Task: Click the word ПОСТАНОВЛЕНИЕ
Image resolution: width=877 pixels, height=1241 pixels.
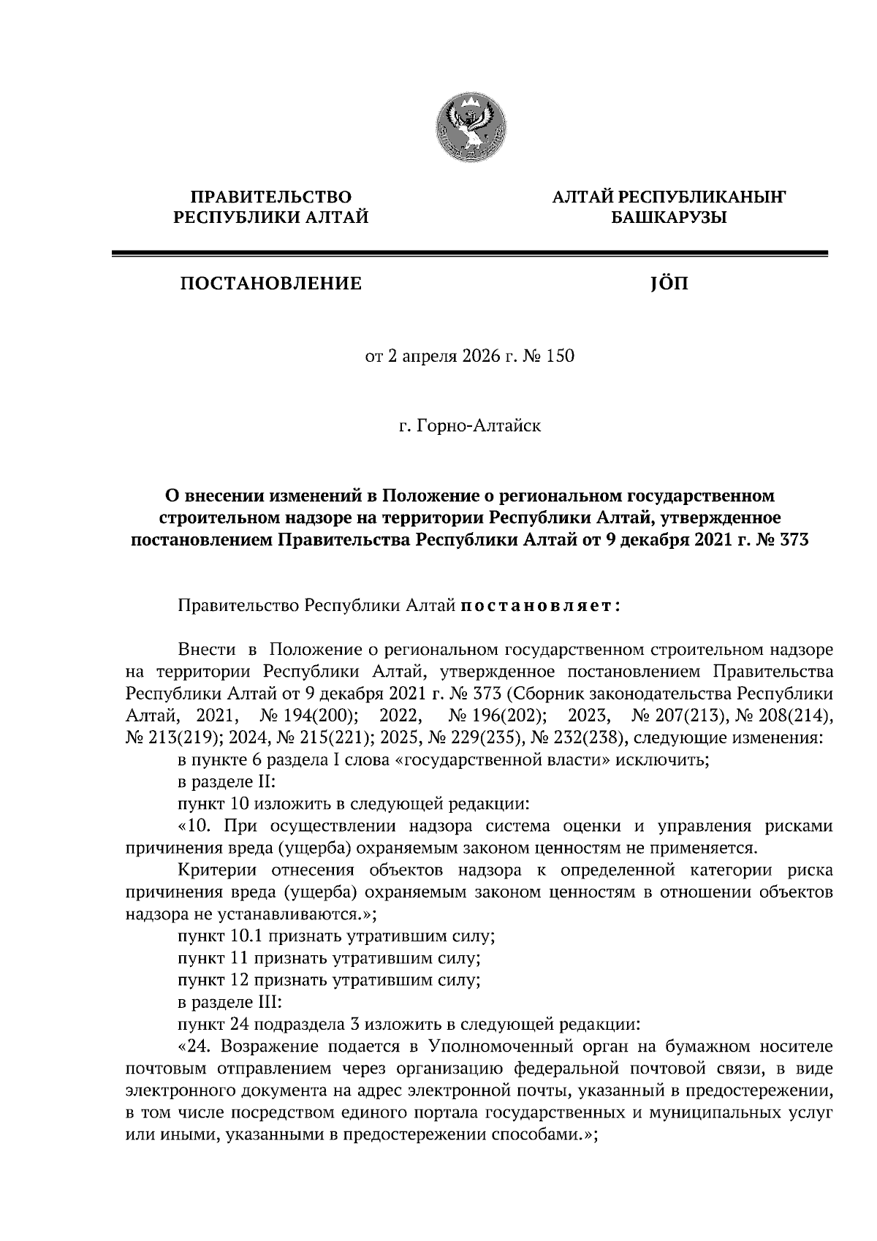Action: pyautogui.click(x=271, y=284)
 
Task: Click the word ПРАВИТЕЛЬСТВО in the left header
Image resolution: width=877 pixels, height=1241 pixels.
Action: pyautogui.click(x=271, y=196)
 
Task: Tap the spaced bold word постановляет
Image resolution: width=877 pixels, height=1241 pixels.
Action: pyautogui.click(x=539, y=606)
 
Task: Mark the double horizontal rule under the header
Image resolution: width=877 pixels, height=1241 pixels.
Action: pyautogui.click(x=468, y=254)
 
